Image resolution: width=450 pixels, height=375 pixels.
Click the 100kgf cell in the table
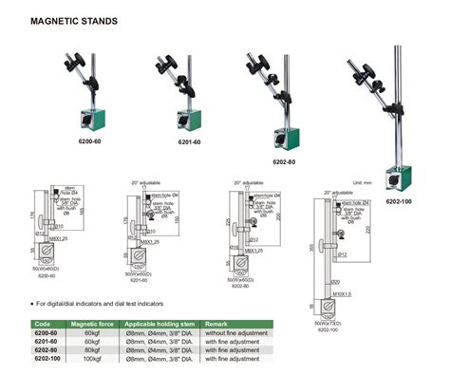pos(91,357)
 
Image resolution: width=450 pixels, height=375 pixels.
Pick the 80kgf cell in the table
pos(90,349)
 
